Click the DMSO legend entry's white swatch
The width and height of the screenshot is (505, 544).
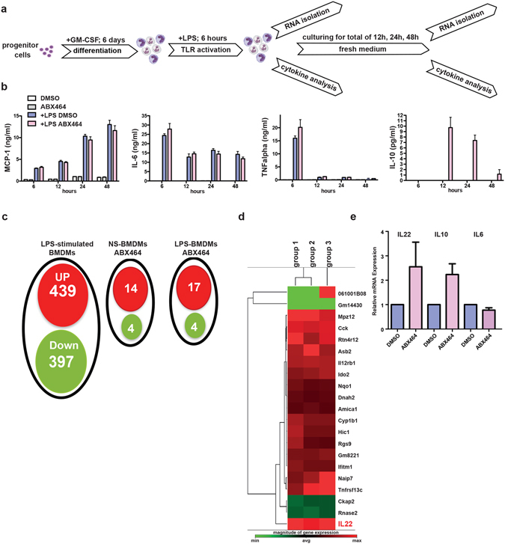(x=31, y=99)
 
